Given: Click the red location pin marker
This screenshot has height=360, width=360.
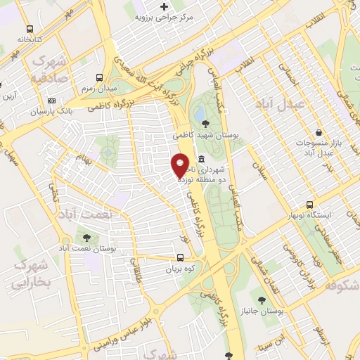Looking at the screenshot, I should click(180, 165).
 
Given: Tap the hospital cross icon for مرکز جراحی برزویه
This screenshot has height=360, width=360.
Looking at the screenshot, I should click(164, 6).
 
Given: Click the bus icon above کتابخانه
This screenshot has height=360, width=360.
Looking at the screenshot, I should click(30, 30).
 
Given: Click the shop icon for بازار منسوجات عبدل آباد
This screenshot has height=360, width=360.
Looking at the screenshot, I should click(320, 131).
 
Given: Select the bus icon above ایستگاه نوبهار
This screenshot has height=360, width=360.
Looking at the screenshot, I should click(310, 205).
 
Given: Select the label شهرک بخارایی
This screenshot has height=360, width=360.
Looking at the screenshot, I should click(32, 274).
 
